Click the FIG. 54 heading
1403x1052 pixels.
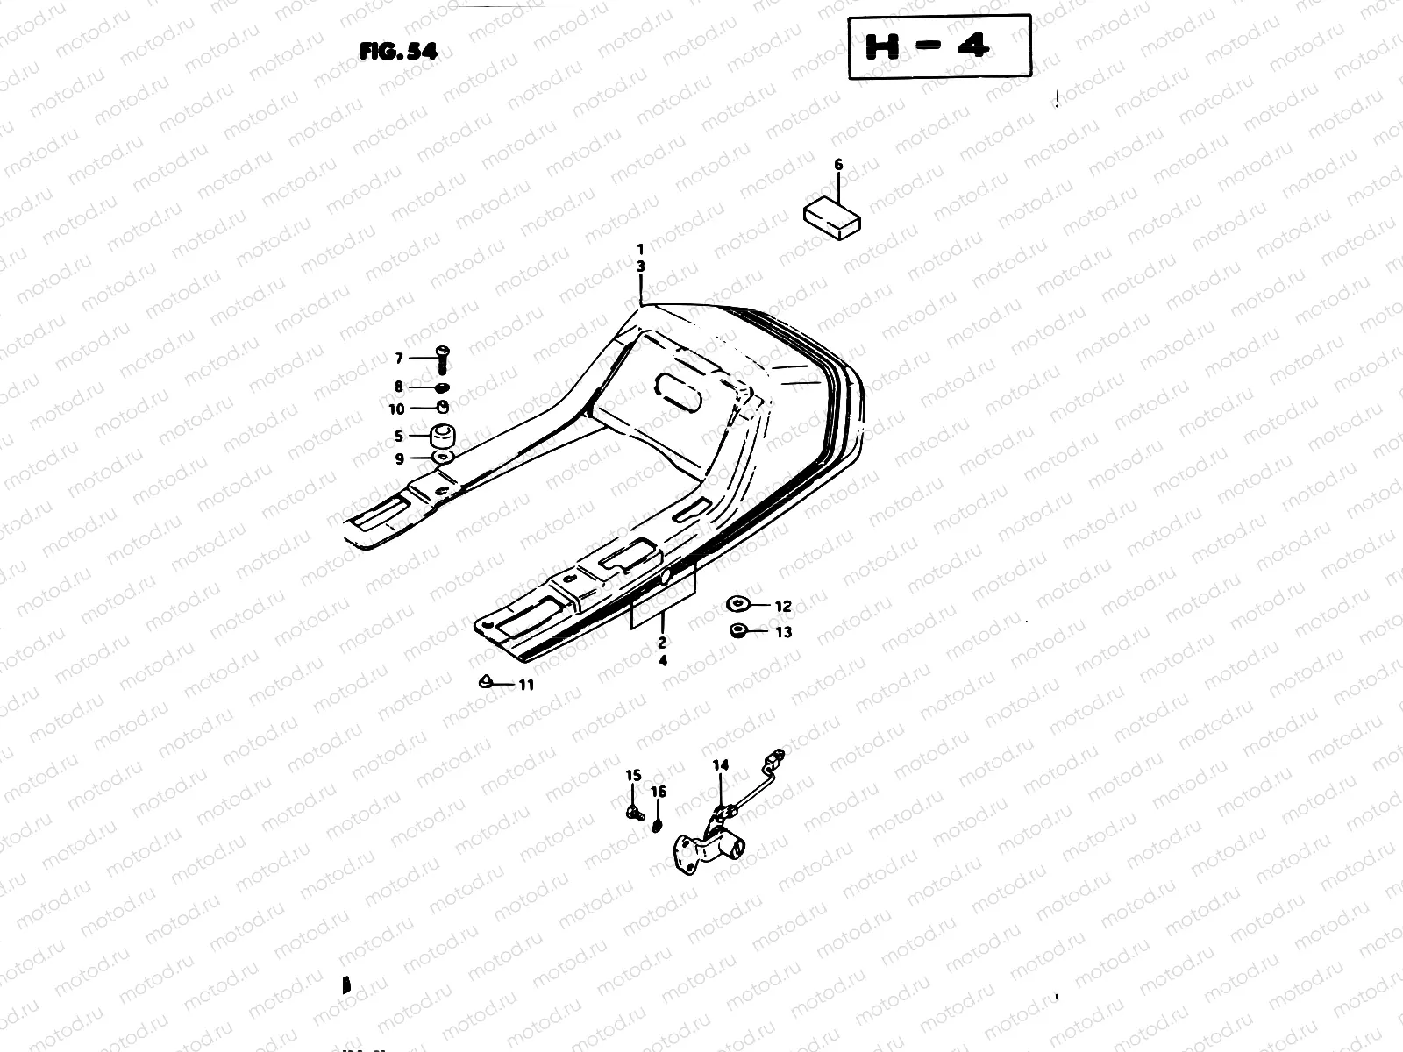click(397, 52)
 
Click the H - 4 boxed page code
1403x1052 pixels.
click(939, 47)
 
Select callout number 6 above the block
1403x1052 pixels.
click(837, 165)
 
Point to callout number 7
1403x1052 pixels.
click(398, 358)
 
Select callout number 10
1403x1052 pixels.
click(396, 409)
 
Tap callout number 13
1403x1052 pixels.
click(783, 632)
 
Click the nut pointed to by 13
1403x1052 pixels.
click(737, 631)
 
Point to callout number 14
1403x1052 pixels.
click(720, 765)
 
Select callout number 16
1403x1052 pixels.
click(659, 792)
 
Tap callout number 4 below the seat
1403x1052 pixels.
click(663, 661)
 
